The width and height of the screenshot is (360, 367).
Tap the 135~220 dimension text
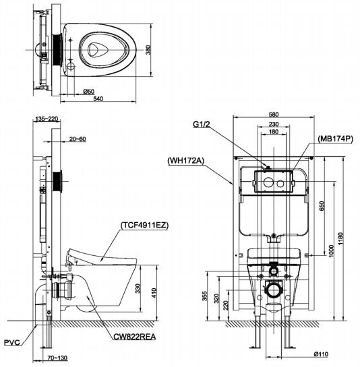[x=49, y=119]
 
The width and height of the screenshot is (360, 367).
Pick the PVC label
[x=11, y=341]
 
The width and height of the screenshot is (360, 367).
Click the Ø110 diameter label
[x=320, y=354]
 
